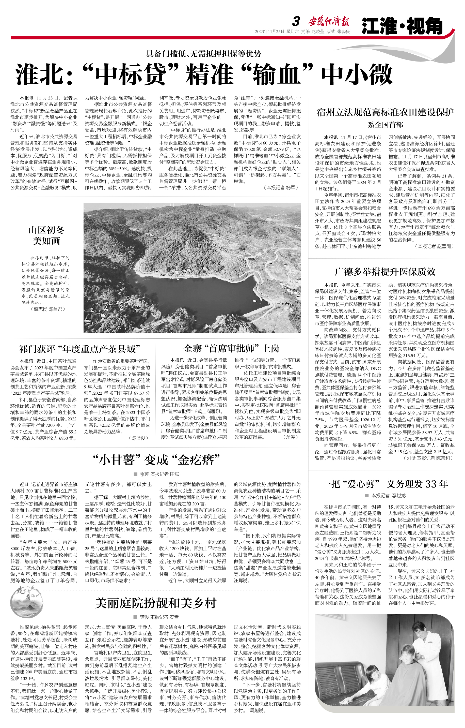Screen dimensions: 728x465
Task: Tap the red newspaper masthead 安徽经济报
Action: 329,22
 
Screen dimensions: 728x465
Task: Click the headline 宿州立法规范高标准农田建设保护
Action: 385,112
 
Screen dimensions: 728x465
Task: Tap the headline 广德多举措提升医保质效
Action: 385,272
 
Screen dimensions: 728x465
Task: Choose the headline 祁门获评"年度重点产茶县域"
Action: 80,349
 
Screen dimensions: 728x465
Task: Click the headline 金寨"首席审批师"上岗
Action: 231,349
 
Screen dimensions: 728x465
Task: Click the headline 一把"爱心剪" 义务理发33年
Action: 385,484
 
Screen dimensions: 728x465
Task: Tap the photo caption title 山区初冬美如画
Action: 46,235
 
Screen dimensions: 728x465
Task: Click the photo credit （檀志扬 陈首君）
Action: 48,309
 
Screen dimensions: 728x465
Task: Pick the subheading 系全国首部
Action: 385,125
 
